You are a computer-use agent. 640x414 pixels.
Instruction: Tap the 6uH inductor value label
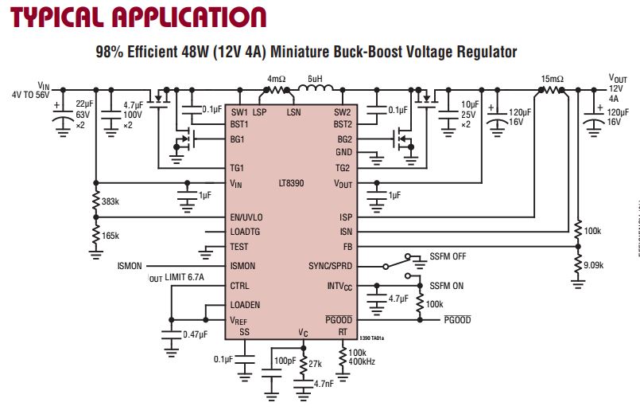click(316, 80)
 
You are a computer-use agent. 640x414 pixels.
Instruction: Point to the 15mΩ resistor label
click(552, 80)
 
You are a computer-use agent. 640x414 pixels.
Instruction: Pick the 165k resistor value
click(111, 236)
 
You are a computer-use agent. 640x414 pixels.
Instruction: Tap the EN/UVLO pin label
click(246, 217)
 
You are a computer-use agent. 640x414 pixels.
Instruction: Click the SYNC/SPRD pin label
click(330, 266)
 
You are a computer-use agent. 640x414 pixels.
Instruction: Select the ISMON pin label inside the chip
click(242, 266)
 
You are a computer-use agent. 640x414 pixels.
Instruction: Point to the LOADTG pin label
click(245, 232)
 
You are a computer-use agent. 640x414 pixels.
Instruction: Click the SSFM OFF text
click(448, 256)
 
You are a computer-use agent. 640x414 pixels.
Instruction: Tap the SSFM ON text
click(445, 285)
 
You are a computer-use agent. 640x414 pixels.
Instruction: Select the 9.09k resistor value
click(594, 265)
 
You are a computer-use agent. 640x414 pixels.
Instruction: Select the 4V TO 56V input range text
click(30, 94)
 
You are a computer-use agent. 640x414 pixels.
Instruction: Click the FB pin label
click(347, 247)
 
